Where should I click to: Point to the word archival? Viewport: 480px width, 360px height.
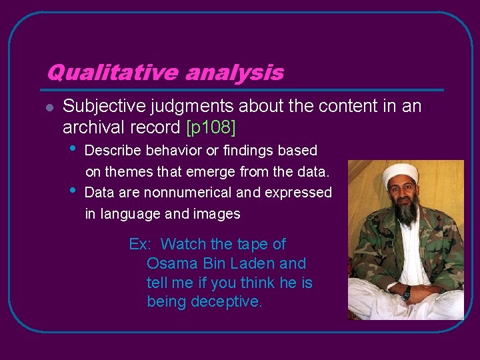click(x=89, y=126)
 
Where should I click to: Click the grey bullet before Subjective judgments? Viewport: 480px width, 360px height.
click(x=49, y=107)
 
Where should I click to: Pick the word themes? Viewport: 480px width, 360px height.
click(x=135, y=172)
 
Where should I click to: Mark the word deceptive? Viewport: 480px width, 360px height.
click(x=227, y=301)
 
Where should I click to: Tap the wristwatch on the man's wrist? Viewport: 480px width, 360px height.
click(x=406, y=292)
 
